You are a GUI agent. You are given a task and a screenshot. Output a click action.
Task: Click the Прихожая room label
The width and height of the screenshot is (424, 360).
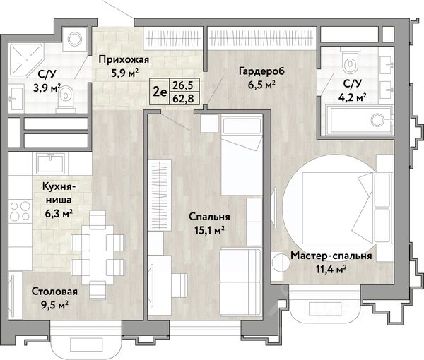(124, 60)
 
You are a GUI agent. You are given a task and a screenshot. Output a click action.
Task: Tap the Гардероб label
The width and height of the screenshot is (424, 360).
(261, 71)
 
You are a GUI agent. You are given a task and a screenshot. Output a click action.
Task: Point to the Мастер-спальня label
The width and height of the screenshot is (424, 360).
(331, 256)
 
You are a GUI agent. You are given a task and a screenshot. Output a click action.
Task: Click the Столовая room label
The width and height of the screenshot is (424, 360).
(54, 292)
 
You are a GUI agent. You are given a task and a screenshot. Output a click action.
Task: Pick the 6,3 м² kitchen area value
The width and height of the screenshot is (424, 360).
(59, 215)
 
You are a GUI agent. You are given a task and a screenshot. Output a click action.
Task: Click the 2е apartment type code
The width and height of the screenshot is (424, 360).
(160, 92)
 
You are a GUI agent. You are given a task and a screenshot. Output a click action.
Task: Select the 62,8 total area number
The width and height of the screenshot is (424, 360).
(183, 99)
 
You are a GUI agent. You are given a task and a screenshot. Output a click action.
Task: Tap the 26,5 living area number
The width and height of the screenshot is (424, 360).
(183, 85)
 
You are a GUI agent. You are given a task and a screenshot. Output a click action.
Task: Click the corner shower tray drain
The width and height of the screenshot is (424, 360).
(26, 61)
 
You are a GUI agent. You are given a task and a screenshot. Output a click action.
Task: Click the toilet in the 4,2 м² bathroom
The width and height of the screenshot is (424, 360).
(351, 61)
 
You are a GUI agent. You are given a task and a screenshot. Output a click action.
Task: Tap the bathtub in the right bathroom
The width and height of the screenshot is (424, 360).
(359, 120)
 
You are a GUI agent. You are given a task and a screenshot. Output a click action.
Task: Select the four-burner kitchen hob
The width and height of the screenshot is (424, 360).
(20, 210)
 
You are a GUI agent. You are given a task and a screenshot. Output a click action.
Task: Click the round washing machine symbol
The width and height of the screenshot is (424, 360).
(75, 39)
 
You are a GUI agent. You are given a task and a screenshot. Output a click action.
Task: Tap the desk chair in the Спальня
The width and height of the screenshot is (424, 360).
(179, 285)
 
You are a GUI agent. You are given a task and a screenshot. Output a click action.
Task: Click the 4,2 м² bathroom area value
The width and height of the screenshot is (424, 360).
(353, 97)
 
